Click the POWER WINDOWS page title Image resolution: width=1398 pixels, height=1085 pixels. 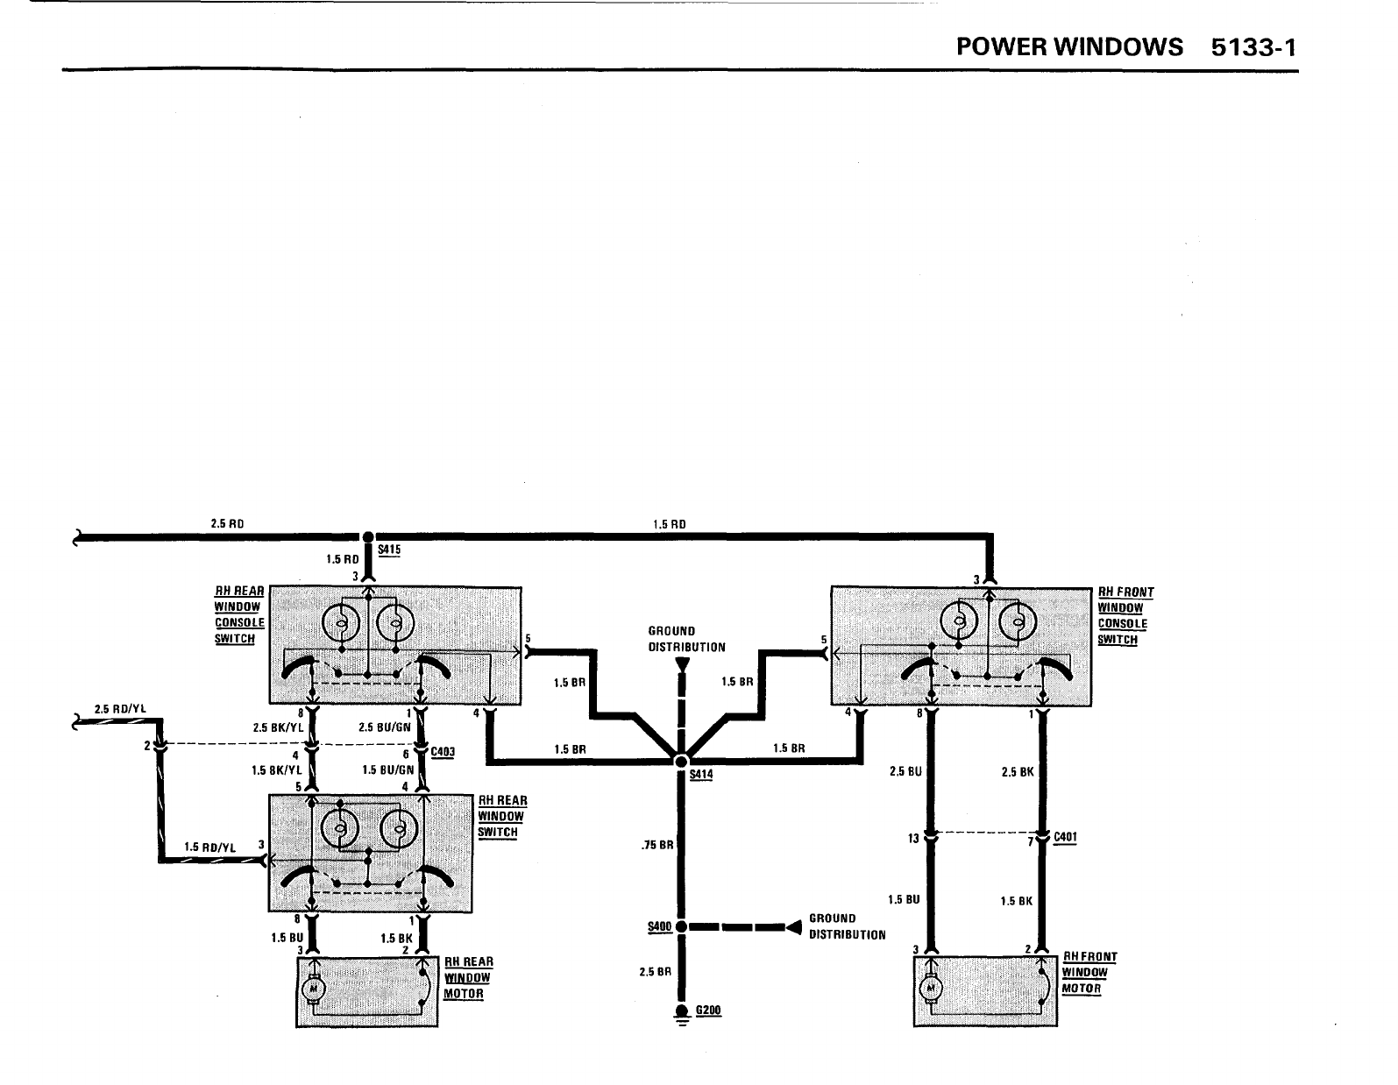click(1068, 46)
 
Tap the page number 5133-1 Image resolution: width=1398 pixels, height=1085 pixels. click(1253, 46)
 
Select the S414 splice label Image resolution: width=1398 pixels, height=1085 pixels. click(701, 775)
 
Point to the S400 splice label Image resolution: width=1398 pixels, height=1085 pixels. click(658, 927)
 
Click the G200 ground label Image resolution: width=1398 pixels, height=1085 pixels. click(707, 1011)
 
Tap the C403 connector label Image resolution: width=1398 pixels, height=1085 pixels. click(444, 752)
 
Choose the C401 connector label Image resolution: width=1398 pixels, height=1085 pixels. click(1065, 837)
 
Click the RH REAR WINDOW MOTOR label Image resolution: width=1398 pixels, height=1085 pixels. click(468, 977)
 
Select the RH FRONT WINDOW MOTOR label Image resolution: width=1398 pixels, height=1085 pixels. click(1089, 972)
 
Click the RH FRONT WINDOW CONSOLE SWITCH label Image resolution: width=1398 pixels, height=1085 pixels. click(1125, 615)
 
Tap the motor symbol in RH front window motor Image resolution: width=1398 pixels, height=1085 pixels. click(929, 989)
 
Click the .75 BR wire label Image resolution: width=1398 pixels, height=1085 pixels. click(656, 846)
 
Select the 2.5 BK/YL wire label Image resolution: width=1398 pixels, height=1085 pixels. click(277, 727)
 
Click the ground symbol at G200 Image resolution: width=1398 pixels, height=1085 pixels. click(681, 1015)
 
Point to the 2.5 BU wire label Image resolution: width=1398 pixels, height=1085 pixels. click(905, 772)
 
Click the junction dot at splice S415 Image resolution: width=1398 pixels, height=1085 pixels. click(368, 536)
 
